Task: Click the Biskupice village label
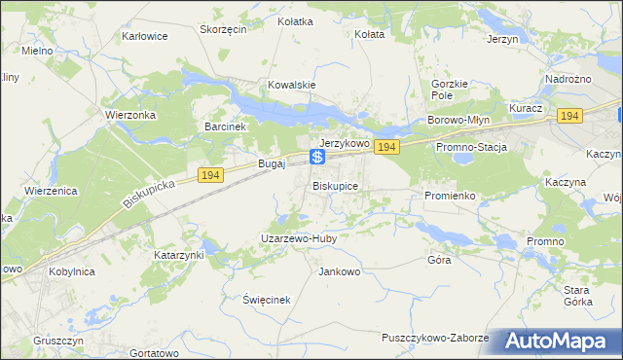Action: coord(336,185)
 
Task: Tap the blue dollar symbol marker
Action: coord(317,157)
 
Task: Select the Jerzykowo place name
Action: coord(345,143)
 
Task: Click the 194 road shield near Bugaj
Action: coord(209,174)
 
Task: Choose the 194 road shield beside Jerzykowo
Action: coord(387,147)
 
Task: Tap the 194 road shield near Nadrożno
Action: coord(569,116)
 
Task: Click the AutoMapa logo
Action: coord(562,341)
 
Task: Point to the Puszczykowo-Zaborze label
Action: coord(435,337)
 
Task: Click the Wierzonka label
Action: coord(129,113)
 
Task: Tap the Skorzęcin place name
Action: coord(223,29)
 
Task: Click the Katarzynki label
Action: coord(178,255)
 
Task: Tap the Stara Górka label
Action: coord(578,296)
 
